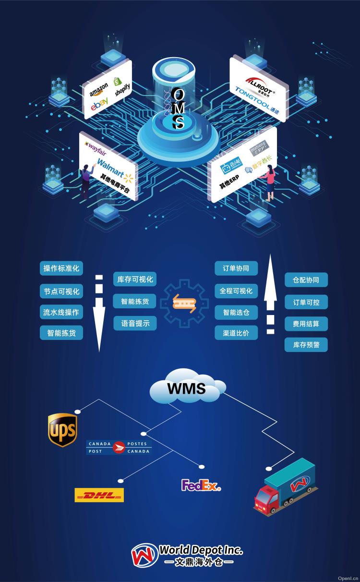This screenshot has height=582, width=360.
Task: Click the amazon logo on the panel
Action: pyautogui.click(x=98, y=89)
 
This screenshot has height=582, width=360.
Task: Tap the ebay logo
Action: pyautogui.click(x=99, y=103)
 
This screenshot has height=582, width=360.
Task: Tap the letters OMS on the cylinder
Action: pyautogui.click(x=178, y=109)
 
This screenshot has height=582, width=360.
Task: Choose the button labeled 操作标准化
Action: pyautogui.click(x=61, y=268)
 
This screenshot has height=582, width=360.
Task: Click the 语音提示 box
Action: pyautogui.click(x=135, y=324)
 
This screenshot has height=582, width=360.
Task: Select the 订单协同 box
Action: pyautogui.click(x=236, y=268)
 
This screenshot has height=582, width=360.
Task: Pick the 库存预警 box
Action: pyautogui.click(x=306, y=345)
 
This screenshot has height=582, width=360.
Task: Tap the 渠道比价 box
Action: pyautogui.click(x=236, y=333)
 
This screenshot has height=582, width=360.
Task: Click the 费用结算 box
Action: pyautogui.click(x=306, y=324)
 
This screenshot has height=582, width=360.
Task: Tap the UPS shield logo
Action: pyautogui.click(x=62, y=429)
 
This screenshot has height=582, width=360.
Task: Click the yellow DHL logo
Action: pyautogui.click(x=99, y=495)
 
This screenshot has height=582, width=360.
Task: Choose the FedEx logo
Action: pyautogui.click(x=201, y=485)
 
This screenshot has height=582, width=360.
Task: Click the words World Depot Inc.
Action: pyautogui.click(x=201, y=550)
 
